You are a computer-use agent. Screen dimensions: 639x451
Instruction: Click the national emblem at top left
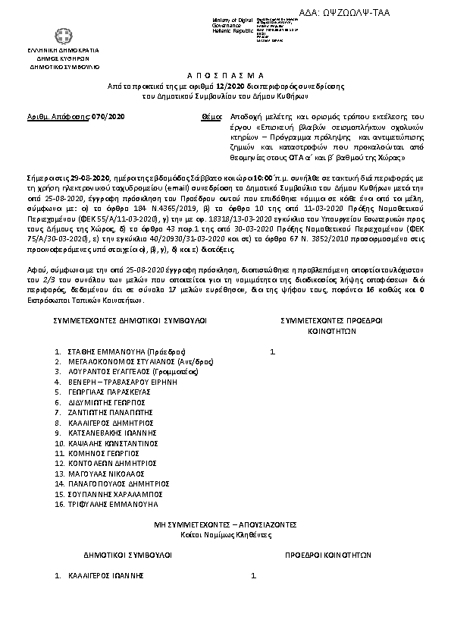click(59, 36)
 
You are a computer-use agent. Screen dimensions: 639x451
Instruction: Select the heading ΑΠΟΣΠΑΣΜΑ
click(224, 77)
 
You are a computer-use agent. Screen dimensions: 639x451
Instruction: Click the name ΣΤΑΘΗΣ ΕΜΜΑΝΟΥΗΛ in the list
click(102, 352)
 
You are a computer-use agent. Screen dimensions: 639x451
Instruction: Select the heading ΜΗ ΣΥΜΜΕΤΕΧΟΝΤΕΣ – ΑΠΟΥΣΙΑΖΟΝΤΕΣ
click(225, 524)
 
